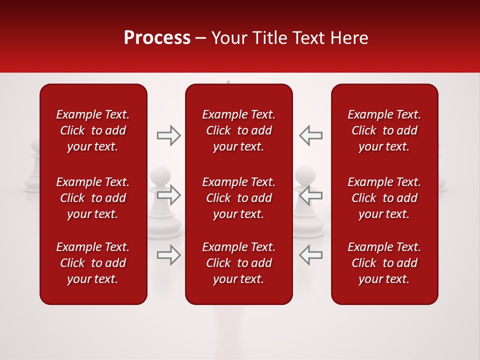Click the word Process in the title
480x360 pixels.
(x=157, y=38)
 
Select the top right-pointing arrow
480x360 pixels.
(x=169, y=135)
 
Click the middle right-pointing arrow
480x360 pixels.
(x=169, y=195)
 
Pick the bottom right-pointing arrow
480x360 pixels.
(x=169, y=254)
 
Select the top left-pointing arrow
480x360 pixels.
(x=310, y=135)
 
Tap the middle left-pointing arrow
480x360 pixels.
(x=310, y=195)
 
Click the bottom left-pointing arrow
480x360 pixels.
(x=310, y=254)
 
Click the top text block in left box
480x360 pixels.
(x=93, y=130)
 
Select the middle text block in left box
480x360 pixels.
(x=93, y=198)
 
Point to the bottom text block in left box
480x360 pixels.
(x=93, y=263)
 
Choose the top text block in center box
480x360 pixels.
(x=238, y=130)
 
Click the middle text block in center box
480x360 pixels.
(x=238, y=198)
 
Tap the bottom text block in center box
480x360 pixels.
(x=238, y=263)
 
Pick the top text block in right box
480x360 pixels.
(x=384, y=130)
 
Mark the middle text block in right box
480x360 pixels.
(x=384, y=198)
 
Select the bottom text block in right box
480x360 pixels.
(x=384, y=263)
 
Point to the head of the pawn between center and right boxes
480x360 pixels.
(x=304, y=175)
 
